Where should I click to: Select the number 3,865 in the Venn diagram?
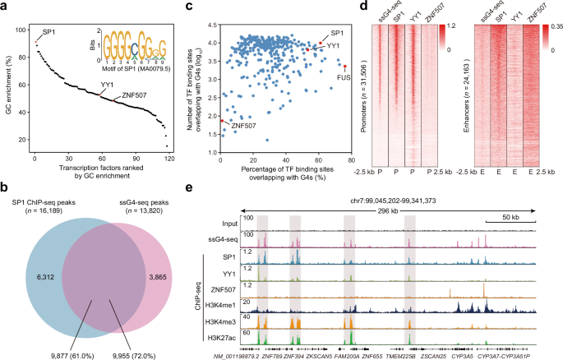pyautogui.click(x=172, y=255)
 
